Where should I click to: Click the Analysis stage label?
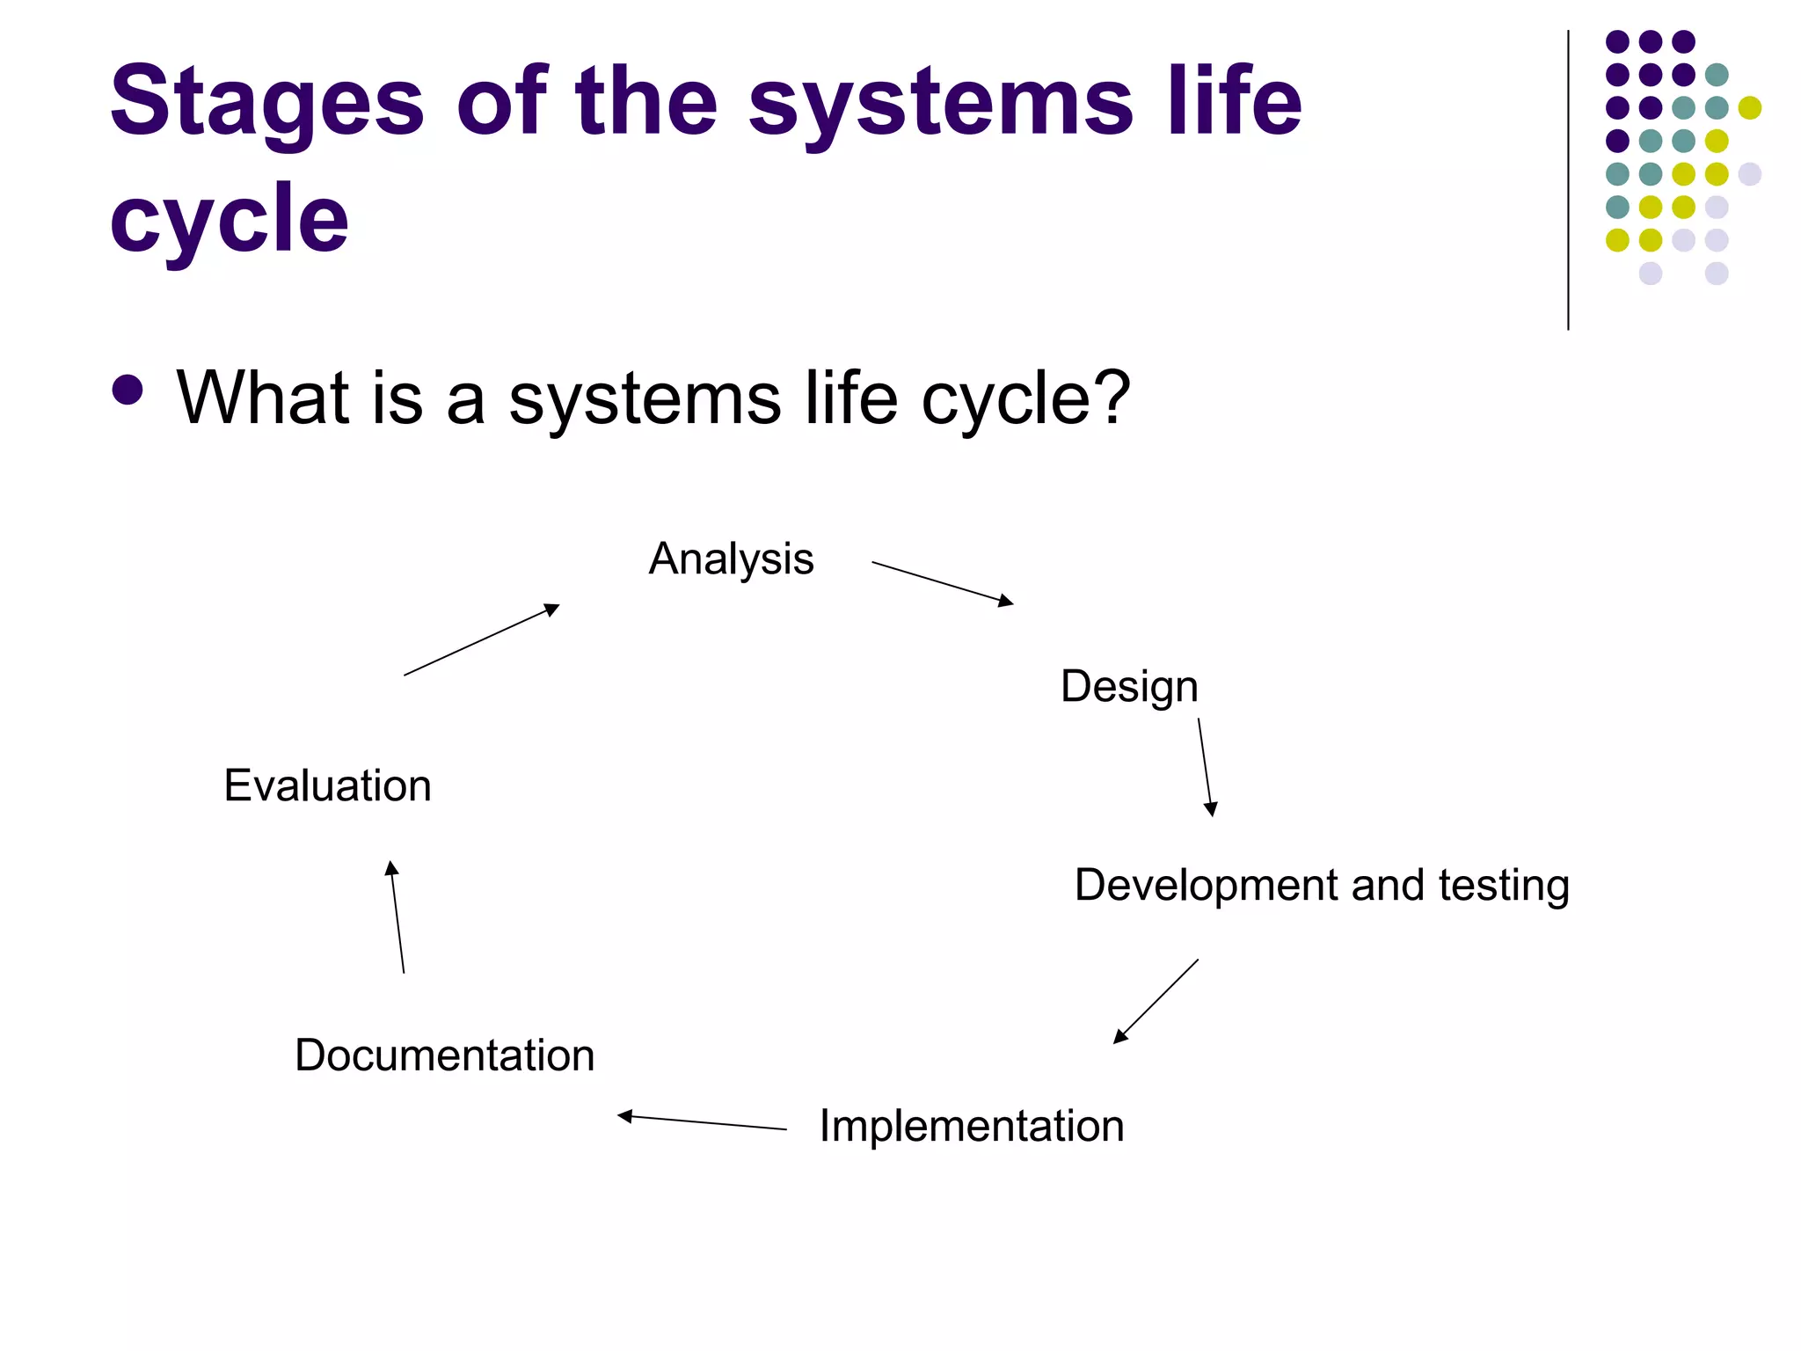(x=731, y=559)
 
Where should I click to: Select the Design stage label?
(x=1129, y=686)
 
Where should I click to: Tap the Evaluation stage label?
(x=327, y=785)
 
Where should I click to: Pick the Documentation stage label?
(x=444, y=1055)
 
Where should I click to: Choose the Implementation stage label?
(x=972, y=1126)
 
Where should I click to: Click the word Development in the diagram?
(x=1206, y=885)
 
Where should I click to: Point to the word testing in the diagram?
(x=1504, y=885)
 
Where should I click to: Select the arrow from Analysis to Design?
(x=942, y=583)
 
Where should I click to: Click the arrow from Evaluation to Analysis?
(x=481, y=640)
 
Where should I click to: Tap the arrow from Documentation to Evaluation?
(x=397, y=916)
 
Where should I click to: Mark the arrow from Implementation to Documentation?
(x=702, y=1122)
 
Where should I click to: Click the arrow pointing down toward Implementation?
(x=1156, y=1002)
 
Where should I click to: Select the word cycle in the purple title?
(x=230, y=218)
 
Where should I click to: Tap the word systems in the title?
(x=940, y=104)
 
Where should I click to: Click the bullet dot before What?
(x=128, y=390)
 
